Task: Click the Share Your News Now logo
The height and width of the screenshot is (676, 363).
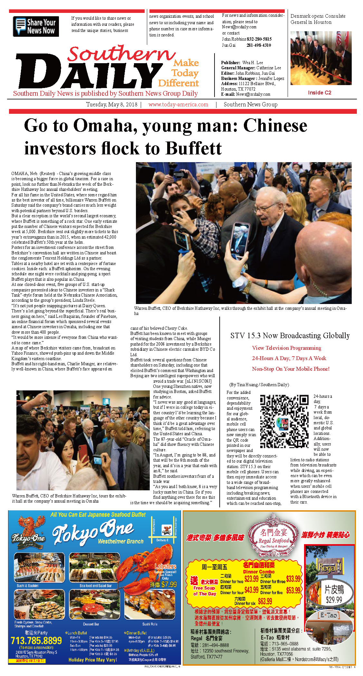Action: point(36,26)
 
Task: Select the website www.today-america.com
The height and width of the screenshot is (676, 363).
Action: point(178,104)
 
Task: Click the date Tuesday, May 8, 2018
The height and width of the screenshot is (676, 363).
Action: point(111,104)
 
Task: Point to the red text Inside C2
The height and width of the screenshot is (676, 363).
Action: point(319,93)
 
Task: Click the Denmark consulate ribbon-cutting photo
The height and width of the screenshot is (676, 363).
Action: point(321,58)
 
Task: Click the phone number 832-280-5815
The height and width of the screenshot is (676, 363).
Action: point(259,39)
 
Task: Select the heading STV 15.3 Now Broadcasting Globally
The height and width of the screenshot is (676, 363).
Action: point(290,336)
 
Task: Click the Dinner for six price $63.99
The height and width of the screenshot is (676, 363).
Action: point(265,601)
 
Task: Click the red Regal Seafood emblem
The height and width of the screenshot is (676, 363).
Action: point(274,533)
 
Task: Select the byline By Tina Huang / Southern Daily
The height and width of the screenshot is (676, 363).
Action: point(259,385)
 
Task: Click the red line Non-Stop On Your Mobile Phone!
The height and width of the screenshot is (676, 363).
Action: point(291,369)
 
